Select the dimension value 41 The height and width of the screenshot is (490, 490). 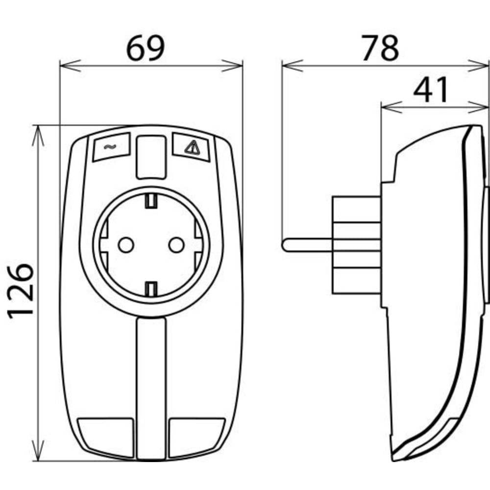[431, 91]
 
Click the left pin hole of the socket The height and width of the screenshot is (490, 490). [126, 244]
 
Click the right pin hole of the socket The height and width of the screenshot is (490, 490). [176, 244]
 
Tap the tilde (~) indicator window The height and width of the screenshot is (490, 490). [110, 147]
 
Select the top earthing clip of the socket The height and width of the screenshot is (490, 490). [151, 200]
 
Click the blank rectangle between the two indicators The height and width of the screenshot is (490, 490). [150, 157]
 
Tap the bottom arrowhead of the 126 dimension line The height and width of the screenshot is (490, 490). [38, 453]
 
